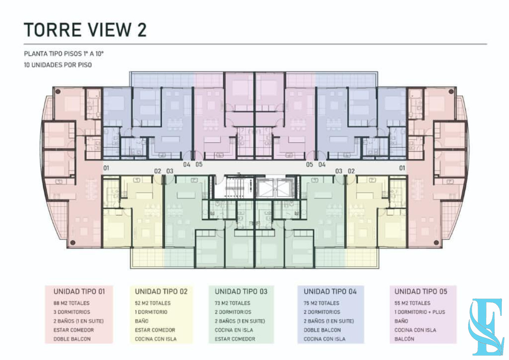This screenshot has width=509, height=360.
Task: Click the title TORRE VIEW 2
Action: [x=85, y=30]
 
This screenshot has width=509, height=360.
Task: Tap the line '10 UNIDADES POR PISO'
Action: [x=58, y=65]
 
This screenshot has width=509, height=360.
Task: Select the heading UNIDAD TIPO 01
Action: [x=79, y=292]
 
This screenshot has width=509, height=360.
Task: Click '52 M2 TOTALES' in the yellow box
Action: [x=153, y=303]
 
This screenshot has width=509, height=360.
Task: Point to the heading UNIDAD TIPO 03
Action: [x=241, y=292]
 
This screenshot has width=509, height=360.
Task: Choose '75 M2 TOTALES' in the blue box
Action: [x=322, y=303]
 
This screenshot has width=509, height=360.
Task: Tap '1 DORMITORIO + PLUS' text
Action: [x=420, y=312]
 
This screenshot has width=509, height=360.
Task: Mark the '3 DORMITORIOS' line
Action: [x=72, y=312]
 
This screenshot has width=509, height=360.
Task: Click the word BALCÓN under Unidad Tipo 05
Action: [x=404, y=339]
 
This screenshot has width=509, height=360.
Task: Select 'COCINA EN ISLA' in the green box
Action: [x=234, y=330]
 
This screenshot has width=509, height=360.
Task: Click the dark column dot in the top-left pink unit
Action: [x=58, y=92]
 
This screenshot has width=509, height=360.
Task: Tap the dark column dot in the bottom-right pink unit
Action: [x=436, y=243]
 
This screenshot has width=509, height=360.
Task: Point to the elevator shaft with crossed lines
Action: [x=275, y=188]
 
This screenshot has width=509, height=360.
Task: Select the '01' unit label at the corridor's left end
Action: [x=106, y=168]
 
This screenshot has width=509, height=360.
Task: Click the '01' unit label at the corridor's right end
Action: [x=402, y=168]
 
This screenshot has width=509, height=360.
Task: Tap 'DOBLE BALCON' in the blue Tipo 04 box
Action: [x=322, y=330]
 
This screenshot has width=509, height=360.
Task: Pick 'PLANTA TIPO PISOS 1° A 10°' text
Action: [x=64, y=54]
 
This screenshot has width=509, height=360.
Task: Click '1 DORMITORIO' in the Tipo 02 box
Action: [x=151, y=312]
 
